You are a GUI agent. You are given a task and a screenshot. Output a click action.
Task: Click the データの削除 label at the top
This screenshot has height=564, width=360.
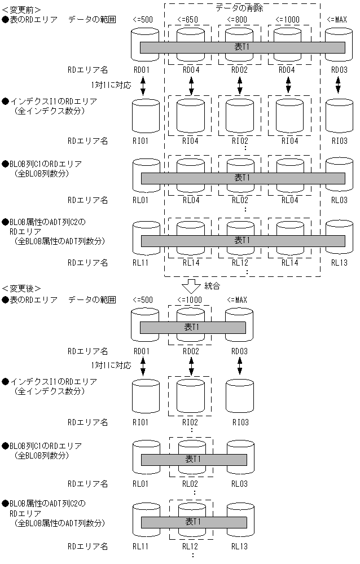pyautogui.click(x=239, y=8)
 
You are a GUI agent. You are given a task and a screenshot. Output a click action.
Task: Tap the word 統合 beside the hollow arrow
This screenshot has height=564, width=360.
pyautogui.click(x=212, y=286)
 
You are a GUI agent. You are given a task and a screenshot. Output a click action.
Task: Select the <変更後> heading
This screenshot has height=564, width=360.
pyautogui.click(x=21, y=288)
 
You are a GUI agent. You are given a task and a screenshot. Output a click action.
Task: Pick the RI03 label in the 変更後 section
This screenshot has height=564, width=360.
pyautogui.click(x=240, y=422)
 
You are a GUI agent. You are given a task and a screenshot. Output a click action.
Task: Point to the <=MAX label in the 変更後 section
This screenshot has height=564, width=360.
pyautogui.click(x=238, y=299)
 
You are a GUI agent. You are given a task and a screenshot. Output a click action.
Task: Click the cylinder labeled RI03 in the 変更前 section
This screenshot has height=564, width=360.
pyautogui.click(x=337, y=117)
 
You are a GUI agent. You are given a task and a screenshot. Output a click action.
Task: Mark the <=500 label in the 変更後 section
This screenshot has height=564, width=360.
pyautogui.click(x=143, y=299)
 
